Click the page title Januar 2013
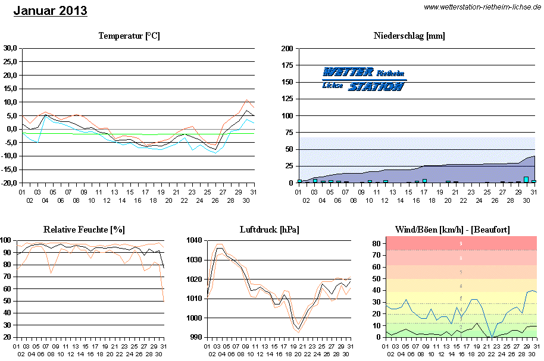(x=50, y=11)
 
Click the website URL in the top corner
(x=482, y=7)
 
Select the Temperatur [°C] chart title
(x=129, y=36)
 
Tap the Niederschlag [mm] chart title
(x=409, y=36)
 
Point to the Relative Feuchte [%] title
(x=84, y=230)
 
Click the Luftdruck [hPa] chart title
(x=269, y=230)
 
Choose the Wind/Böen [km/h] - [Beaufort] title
(x=452, y=230)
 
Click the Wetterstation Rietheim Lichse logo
(x=364, y=79)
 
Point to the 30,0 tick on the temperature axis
(x=10, y=48)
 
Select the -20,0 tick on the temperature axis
(x=8, y=183)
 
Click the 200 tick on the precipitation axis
(x=287, y=48)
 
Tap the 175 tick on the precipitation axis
(x=287, y=65)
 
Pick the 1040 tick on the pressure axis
(x=195, y=240)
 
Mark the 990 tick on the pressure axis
(x=196, y=337)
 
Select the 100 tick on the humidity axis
(x=7, y=240)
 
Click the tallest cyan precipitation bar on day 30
(x=526, y=179)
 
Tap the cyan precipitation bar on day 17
(x=424, y=180)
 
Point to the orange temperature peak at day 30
(x=247, y=100)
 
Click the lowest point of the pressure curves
(x=298, y=330)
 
